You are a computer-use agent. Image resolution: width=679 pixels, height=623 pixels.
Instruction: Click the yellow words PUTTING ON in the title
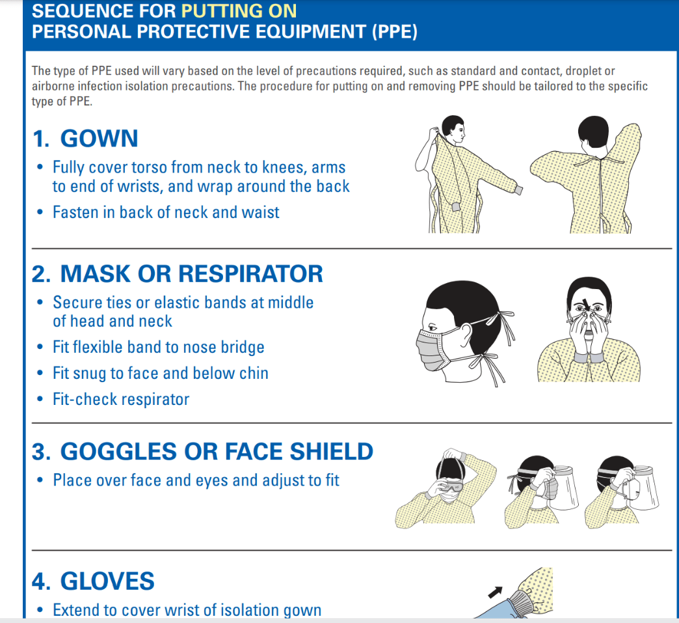click(x=239, y=11)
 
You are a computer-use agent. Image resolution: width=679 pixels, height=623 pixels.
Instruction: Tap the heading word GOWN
click(x=99, y=138)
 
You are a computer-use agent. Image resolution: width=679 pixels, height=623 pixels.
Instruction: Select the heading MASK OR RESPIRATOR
click(x=191, y=274)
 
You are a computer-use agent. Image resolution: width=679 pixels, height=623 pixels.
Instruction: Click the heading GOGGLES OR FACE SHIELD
click(x=217, y=451)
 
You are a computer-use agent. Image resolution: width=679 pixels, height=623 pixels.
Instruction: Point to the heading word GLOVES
click(x=107, y=581)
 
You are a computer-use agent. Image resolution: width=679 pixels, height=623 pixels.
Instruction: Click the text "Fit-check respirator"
click(x=121, y=399)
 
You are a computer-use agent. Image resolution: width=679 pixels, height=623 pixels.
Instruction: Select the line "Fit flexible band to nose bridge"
click(x=159, y=347)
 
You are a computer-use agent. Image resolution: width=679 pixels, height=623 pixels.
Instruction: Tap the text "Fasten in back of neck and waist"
click(x=166, y=212)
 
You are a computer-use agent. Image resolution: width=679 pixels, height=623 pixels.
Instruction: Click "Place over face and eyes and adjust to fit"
click(x=196, y=480)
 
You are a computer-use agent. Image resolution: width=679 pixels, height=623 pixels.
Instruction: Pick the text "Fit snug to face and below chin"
click(x=161, y=373)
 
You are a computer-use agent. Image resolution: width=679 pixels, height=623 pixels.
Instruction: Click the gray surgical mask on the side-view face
click(x=432, y=349)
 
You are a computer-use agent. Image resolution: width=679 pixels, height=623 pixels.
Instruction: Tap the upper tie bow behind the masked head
click(x=501, y=322)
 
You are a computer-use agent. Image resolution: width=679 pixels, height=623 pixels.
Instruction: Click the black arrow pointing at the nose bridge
click(x=587, y=304)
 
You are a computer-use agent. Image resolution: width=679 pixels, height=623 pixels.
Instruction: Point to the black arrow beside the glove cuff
click(x=496, y=592)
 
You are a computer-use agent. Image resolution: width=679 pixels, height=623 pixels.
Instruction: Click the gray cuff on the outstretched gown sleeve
click(x=518, y=189)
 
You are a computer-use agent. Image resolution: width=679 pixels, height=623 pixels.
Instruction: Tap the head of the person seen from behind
click(x=593, y=132)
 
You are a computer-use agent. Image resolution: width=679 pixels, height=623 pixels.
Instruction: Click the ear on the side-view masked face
click(x=466, y=333)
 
